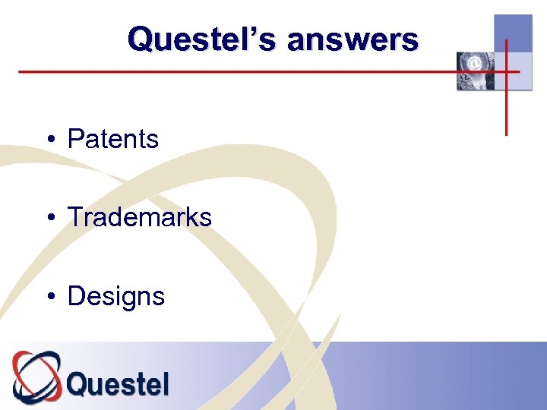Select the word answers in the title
tap(353, 39)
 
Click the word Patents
tap(113, 140)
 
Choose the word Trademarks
tap(140, 218)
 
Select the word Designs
tap(116, 296)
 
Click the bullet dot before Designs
tap(49, 297)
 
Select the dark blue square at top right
tap(513, 33)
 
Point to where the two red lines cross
tap(507, 72)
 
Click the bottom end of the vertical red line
tap(507, 134)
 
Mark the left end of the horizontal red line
tap(20, 72)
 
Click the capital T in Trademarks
tap(75, 218)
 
